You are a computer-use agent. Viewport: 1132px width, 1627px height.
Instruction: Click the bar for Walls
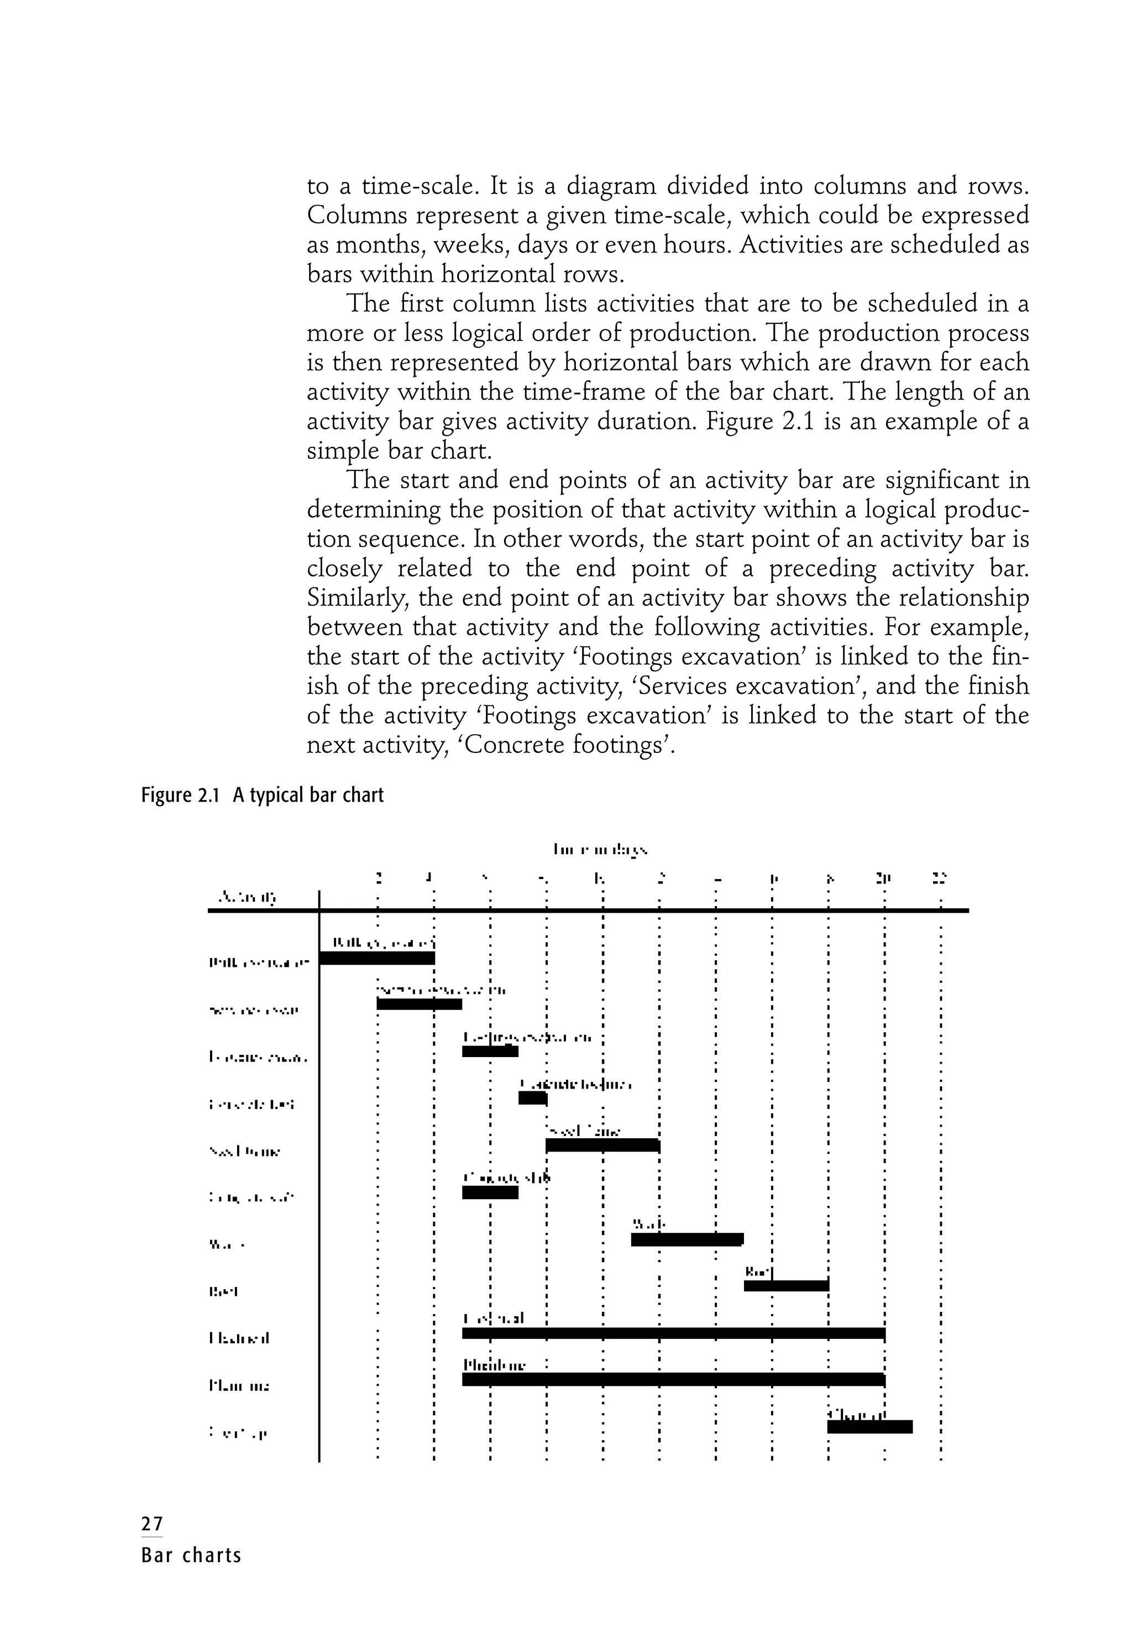click(x=686, y=1239)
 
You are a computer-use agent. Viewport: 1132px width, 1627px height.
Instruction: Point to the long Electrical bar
click(x=673, y=1333)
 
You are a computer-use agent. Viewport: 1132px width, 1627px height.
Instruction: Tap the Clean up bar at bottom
click(x=869, y=1426)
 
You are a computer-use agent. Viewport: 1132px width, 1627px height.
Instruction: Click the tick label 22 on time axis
click(x=939, y=878)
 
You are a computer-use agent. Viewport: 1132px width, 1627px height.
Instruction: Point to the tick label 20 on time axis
click(x=883, y=878)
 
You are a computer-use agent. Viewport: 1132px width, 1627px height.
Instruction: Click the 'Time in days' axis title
click(x=600, y=849)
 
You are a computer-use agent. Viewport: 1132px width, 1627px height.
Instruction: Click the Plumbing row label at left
click(x=239, y=1385)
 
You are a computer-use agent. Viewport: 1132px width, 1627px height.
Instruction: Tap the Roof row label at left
click(x=223, y=1291)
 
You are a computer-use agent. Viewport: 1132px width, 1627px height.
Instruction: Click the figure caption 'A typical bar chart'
click(x=307, y=795)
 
